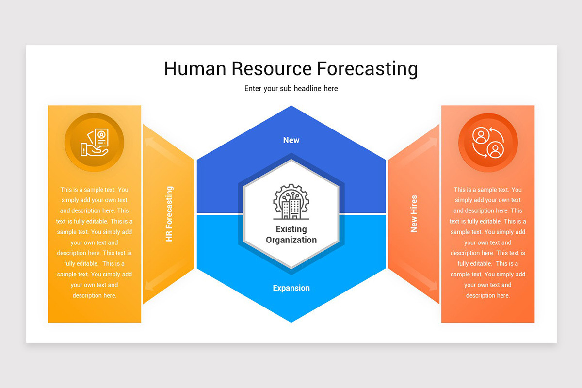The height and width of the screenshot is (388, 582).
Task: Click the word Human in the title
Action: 195,69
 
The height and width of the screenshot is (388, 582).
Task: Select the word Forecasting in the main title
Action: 367,69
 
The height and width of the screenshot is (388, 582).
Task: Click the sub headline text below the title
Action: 291,89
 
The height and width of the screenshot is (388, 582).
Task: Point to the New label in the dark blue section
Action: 291,140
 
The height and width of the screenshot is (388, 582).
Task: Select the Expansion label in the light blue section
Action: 291,288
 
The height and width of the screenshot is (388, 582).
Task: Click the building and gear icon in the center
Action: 291,202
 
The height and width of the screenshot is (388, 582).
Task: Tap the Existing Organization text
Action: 291,234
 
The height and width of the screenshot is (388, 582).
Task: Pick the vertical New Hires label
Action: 414,214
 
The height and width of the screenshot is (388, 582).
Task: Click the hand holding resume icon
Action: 95,143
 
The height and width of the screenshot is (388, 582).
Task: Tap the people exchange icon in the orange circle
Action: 488,143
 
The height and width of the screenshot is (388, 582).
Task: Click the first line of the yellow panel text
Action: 95,190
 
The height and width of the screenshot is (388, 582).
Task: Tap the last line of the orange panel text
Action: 488,295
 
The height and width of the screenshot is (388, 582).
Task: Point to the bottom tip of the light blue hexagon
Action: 291,321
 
